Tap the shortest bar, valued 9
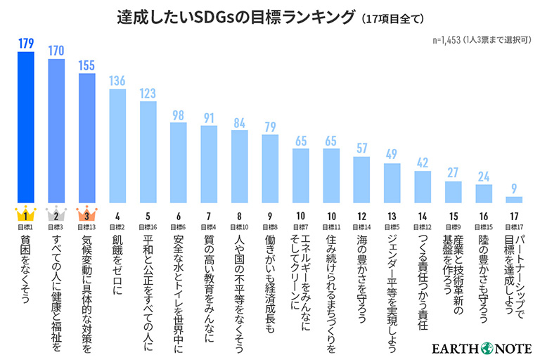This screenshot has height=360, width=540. pyautogui.click(x=513, y=200)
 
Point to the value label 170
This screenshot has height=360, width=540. pyautogui.click(x=56, y=51)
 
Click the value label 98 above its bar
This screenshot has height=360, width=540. pyautogui.click(x=179, y=115)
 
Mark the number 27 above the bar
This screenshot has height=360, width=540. pyautogui.click(x=453, y=173)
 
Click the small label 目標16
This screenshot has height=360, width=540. pyautogui.click(x=148, y=227)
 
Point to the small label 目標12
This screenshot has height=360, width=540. pyautogui.click(x=422, y=227)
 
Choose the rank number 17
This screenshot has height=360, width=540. pyautogui.click(x=513, y=217)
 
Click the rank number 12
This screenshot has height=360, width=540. pyautogui.click(x=361, y=217)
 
